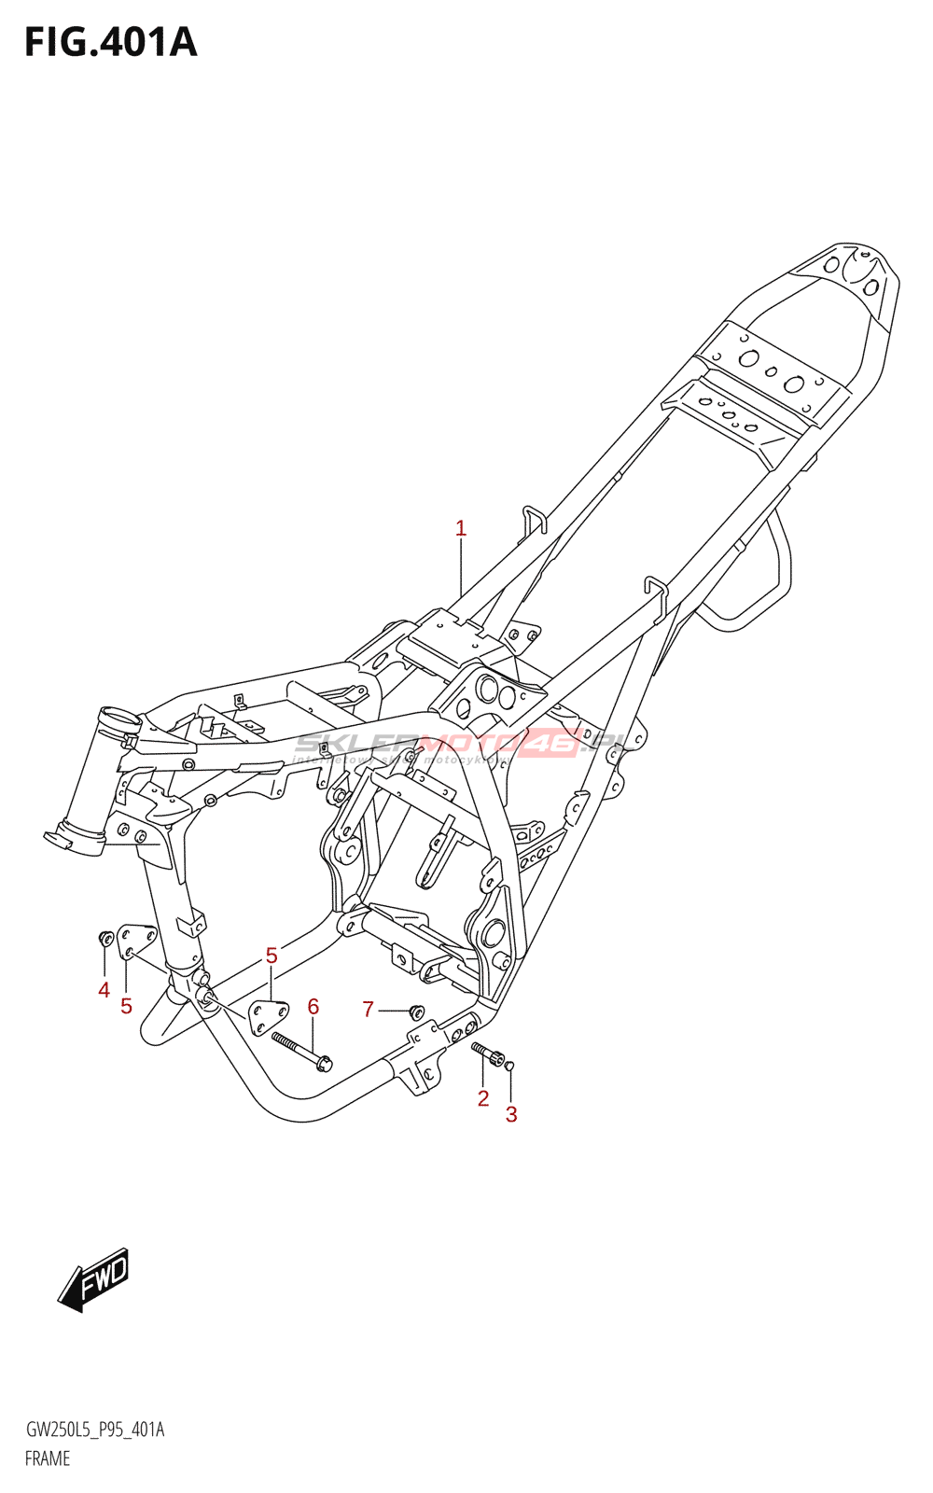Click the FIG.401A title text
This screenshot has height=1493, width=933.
[110, 43]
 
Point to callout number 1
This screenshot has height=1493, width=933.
[460, 529]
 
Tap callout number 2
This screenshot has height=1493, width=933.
[482, 1098]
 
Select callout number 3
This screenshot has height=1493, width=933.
[511, 1114]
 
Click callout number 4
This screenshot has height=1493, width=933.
[104, 990]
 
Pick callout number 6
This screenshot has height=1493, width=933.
[313, 1007]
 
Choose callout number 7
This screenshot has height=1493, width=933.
[369, 1009]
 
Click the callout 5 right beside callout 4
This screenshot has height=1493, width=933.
[126, 1006]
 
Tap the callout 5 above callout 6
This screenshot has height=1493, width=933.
[272, 956]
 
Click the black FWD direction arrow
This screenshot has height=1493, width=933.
[94, 1279]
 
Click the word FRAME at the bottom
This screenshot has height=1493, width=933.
[48, 1458]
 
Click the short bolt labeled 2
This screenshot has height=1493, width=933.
[488, 1053]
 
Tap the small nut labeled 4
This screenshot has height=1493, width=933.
[105, 937]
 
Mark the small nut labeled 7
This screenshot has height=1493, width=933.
[416, 1011]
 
